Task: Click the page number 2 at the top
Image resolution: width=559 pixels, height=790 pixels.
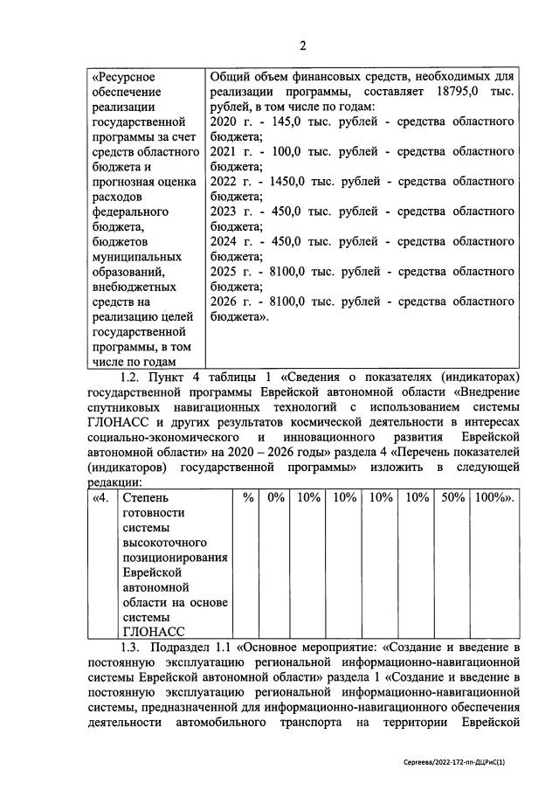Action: tap(302, 46)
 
